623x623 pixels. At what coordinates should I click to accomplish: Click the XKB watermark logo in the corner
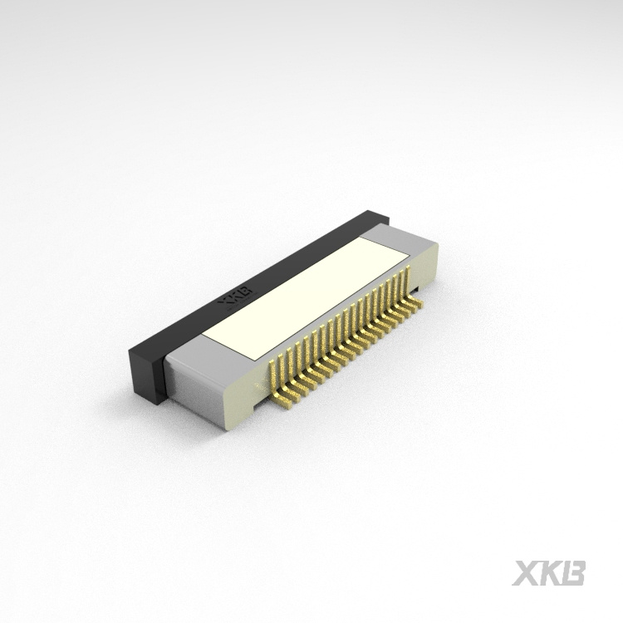(x=549, y=573)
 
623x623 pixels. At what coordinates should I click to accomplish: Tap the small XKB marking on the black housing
(x=234, y=298)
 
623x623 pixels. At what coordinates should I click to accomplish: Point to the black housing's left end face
(x=142, y=371)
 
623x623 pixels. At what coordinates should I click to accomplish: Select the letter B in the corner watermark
(x=574, y=573)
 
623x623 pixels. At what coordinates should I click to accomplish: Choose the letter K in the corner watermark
(x=551, y=573)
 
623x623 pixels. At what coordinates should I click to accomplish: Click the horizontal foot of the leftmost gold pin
(x=283, y=406)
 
